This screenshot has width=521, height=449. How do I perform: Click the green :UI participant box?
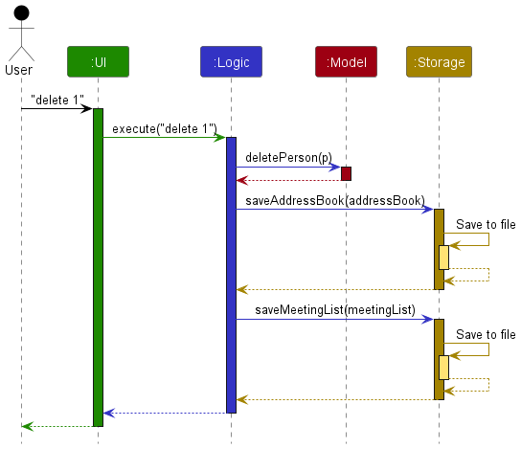click(98, 62)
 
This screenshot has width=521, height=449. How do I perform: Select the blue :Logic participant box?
click(231, 62)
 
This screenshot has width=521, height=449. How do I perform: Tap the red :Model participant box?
click(346, 62)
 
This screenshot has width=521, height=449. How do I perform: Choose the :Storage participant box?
click(439, 62)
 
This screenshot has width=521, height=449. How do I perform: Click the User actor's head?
click(22, 13)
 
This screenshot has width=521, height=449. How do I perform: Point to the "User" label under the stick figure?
click(18, 70)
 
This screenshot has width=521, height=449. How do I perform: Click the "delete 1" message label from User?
click(57, 100)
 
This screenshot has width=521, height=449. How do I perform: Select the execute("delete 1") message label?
click(165, 128)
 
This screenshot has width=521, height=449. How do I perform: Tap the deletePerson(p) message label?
click(288, 157)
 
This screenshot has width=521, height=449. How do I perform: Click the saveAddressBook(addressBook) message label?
click(335, 201)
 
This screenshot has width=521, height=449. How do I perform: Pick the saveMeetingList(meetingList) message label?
click(335, 309)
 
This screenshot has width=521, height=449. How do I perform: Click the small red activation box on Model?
click(346, 173)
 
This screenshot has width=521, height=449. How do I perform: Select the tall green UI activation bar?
click(98, 267)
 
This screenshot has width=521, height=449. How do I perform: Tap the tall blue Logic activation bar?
click(231, 275)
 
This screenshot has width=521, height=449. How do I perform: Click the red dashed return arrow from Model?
click(288, 180)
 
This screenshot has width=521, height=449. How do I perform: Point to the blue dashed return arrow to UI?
click(165, 414)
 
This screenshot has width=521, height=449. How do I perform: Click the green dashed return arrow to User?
click(57, 426)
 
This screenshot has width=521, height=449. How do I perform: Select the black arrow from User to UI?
click(57, 108)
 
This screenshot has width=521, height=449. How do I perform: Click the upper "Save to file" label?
click(486, 224)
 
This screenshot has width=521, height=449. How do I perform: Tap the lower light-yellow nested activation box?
click(444, 368)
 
